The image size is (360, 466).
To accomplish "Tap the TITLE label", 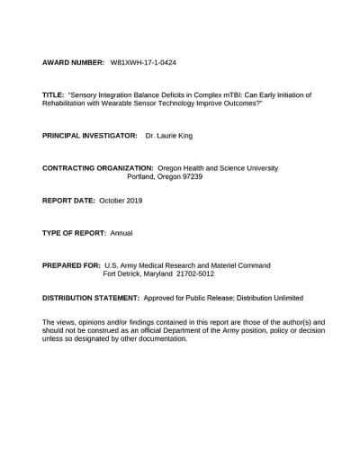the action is pyautogui.click(x=53, y=94).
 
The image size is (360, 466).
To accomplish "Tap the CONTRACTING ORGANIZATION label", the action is pyautogui.click(x=98, y=168).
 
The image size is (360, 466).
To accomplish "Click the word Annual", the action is pyautogui.click(x=121, y=233).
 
